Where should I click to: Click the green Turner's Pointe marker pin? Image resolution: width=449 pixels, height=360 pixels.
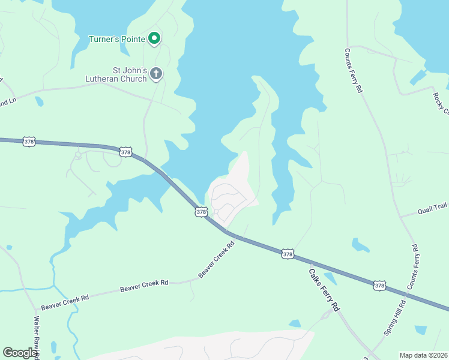click(x=154, y=38)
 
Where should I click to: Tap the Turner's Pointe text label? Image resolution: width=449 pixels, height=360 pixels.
click(x=117, y=40)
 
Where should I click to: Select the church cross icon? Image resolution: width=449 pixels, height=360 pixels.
click(x=155, y=74)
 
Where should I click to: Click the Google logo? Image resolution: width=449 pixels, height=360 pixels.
click(x=20, y=353)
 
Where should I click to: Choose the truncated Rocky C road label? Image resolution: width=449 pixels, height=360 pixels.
click(x=442, y=100)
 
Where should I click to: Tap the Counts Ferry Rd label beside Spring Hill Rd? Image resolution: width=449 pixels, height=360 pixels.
click(x=414, y=266)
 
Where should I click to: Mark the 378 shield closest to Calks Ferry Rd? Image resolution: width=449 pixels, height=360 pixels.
click(x=288, y=254)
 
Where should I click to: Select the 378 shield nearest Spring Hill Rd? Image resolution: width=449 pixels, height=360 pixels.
click(x=379, y=286)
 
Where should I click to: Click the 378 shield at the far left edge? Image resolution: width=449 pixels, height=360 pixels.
click(x=29, y=142)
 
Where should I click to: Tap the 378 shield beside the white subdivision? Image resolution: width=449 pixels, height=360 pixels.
click(x=202, y=212)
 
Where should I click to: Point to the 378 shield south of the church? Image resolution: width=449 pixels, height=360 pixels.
click(x=125, y=152)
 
